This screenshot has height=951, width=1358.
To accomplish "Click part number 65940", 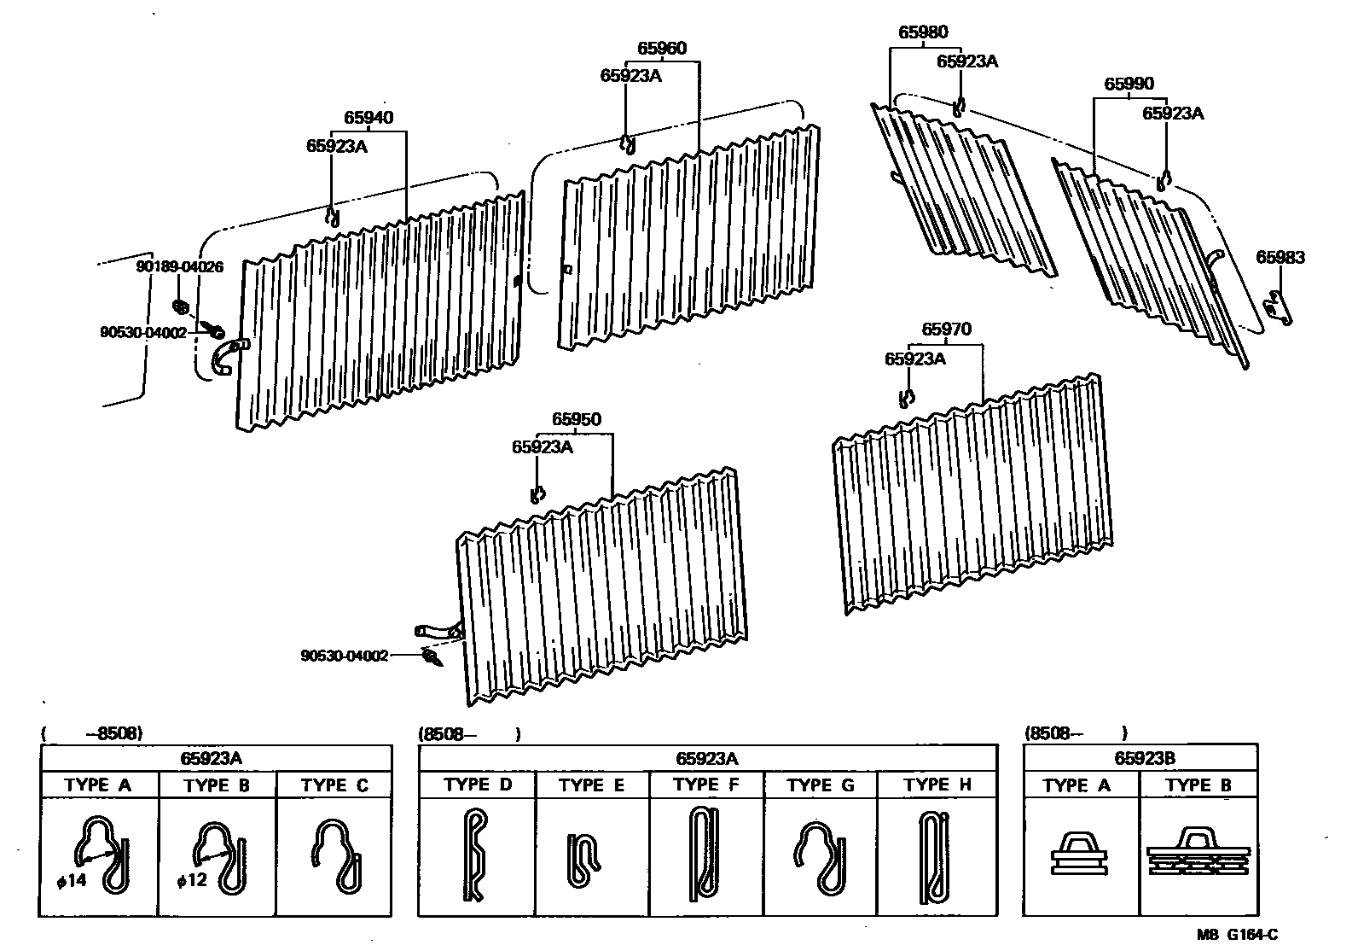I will point(369,118).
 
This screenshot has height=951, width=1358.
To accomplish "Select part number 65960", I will point(661,49).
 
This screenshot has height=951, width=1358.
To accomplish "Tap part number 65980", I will point(922,33).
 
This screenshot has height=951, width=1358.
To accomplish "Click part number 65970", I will point(946,330).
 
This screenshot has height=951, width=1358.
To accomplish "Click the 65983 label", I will point(1280,258).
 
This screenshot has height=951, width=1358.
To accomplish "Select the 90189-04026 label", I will point(179,266).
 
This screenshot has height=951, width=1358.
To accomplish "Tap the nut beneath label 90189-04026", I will point(180,306).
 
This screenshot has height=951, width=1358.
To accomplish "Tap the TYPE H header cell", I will point(937,785).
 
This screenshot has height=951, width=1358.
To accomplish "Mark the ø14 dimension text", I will point(72,880).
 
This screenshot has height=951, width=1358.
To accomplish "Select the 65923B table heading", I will point(1139,757).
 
